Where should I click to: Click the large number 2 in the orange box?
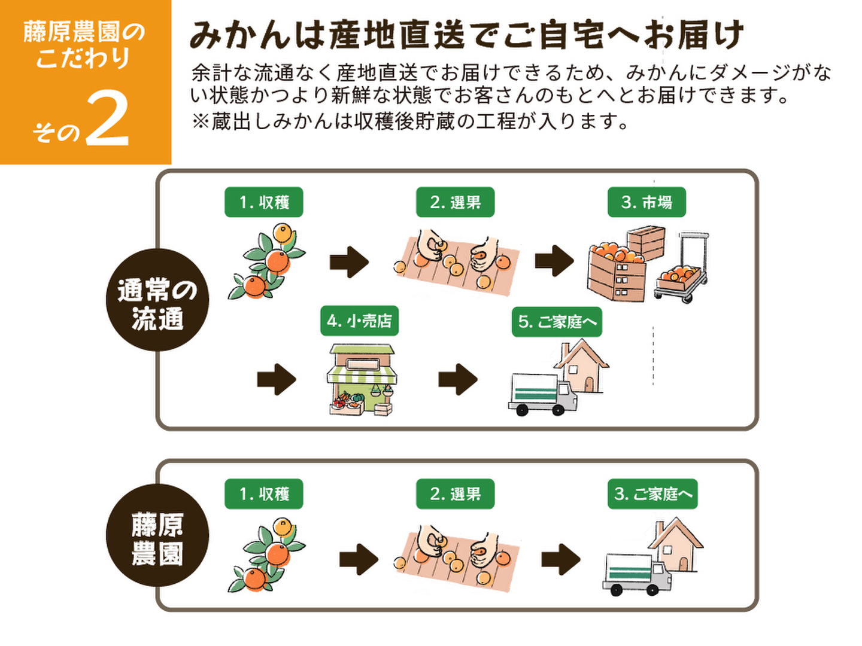click(x=108, y=120)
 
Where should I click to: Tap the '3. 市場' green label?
click(x=646, y=202)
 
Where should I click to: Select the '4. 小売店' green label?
click(x=359, y=321)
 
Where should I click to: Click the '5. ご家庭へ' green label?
click(x=557, y=322)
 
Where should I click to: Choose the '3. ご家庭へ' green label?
click(x=652, y=494)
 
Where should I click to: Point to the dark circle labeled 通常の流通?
click(x=157, y=300)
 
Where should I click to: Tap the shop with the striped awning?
click(x=362, y=379)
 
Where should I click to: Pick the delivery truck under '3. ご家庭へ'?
click(x=636, y=573)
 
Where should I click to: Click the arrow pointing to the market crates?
click(x=554, y=261)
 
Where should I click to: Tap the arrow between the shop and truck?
click(x=458, y=379)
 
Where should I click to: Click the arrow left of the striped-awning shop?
click(x=276, y=379)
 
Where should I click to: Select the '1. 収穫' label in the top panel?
click(x=263, y=202)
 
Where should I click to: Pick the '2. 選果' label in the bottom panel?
click(x=455, y=494)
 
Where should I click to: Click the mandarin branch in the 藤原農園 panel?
click(x=266, y=557)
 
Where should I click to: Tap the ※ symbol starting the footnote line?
click(x=200, y=121)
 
